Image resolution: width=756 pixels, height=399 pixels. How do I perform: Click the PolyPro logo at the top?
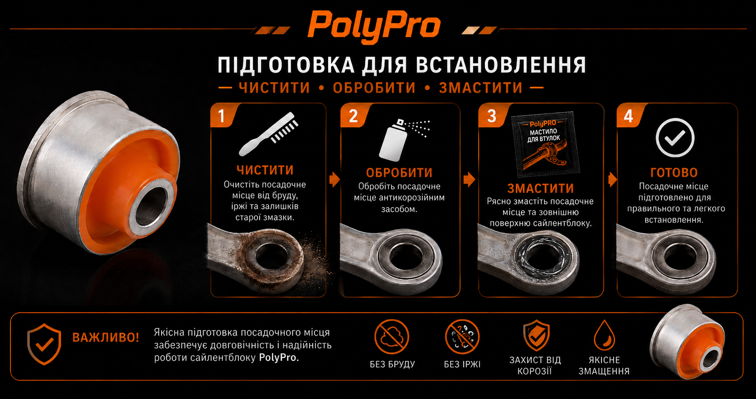click(374, 26)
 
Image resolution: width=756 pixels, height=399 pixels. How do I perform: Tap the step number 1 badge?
click(222, 116)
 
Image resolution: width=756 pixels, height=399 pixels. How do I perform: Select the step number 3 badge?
click(492, 116)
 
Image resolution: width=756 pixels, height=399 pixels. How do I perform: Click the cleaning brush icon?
click(268, 134)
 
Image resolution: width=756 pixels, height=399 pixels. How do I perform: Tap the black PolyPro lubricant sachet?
click(545, 143)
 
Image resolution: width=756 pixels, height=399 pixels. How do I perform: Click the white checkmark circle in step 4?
click(675, 138)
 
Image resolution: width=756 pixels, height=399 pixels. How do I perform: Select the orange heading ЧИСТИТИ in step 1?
click(265, 170)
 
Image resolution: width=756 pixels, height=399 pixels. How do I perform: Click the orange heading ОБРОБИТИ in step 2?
click(399, 173)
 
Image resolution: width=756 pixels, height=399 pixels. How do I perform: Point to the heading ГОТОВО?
click(674, 172)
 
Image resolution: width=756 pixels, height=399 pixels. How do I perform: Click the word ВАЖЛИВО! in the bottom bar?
click(106, 337)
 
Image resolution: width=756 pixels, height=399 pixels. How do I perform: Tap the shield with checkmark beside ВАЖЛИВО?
click(44, 344)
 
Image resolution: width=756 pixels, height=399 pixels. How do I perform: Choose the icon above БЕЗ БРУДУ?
click(392, 336)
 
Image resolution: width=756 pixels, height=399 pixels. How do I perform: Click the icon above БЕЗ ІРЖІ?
click(462, 336)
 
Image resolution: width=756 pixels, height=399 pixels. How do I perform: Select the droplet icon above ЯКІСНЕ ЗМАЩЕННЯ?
click(604, 335)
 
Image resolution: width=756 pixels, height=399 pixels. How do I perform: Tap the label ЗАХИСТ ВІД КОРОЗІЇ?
click(535, 366)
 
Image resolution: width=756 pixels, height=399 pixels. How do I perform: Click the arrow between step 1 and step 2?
click(335, 179)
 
